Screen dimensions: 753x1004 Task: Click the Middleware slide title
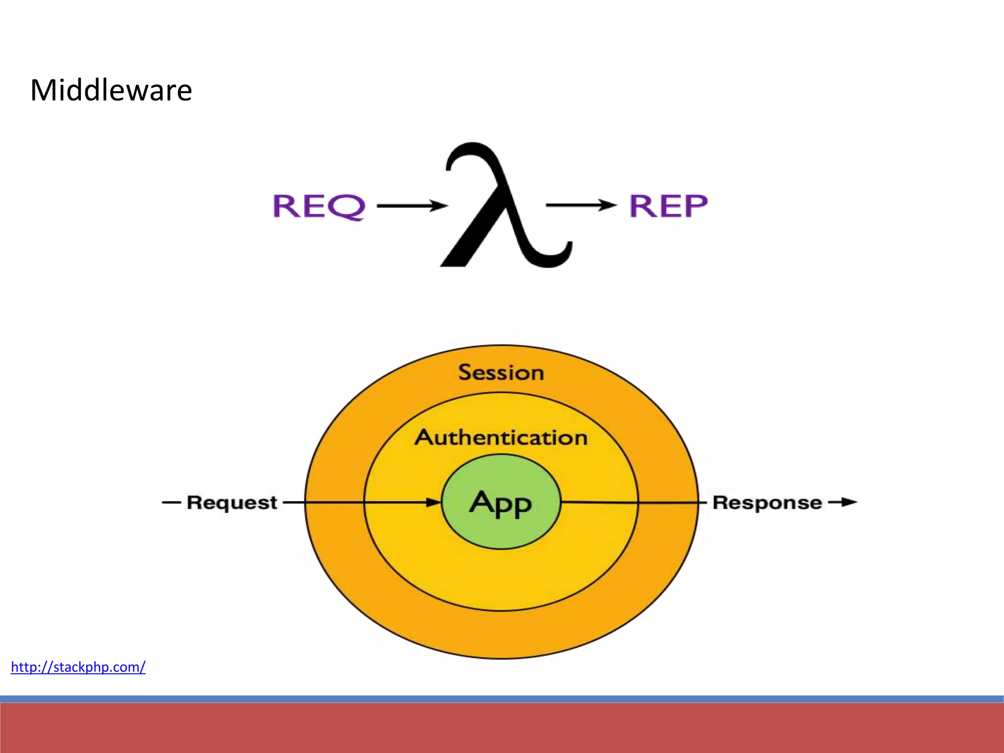tap(111, 91)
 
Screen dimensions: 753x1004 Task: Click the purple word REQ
tap(319, 206)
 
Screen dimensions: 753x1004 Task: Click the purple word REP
tap(668, 205)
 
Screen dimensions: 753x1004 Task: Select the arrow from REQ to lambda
tap(412, 206)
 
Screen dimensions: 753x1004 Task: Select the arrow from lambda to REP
tap(581, 205)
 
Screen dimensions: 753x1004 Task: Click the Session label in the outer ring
tap(501, 373)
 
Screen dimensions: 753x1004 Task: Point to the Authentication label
tap(501, 437)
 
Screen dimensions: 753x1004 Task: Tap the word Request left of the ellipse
tap(232, 503)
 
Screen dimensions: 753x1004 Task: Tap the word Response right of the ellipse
tap(767, 503)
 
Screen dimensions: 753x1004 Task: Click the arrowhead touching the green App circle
tap(433, 502)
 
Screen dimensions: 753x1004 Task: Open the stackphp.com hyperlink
tap(78, 667)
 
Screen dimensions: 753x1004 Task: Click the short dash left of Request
tap(171, 502)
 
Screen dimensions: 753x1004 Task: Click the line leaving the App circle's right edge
tap(598, 502)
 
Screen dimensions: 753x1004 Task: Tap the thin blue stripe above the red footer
tap(502, 699)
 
